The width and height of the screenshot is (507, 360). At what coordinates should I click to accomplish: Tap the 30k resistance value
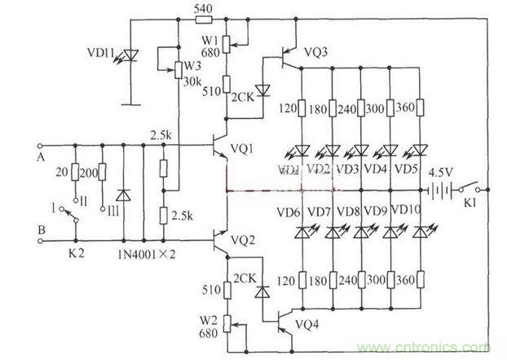coord(193,81)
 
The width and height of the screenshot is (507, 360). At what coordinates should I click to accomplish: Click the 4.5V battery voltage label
coord(442,173)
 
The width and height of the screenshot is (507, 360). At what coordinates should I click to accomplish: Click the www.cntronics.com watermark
coord(434,342)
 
